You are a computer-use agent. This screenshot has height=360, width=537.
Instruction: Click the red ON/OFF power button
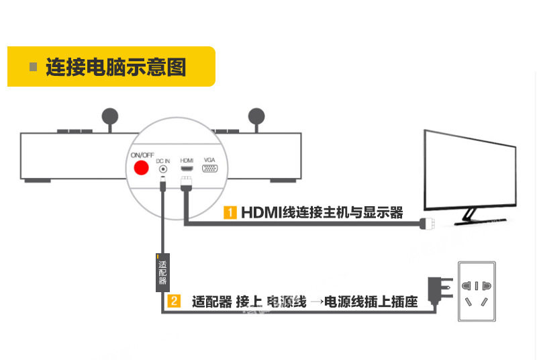click(x=141, y=169)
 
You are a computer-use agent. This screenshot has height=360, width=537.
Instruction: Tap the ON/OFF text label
click(x=142, y=155)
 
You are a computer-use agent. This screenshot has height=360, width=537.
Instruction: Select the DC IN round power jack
click(x=162, y=169)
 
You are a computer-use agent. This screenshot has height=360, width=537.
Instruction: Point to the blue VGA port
click(x=209, y=169)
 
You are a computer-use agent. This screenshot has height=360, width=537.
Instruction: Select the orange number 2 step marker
click(x=173, y=302)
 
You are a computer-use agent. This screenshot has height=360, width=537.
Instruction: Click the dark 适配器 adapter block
click(x=162, y=272)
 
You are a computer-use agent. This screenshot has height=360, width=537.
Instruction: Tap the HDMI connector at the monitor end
click(x=427, y=224)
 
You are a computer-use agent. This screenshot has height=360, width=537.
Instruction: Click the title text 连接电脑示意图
click(x=115, y=67)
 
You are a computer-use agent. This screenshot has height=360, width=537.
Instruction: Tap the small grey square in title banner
click(x=32, y=67)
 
